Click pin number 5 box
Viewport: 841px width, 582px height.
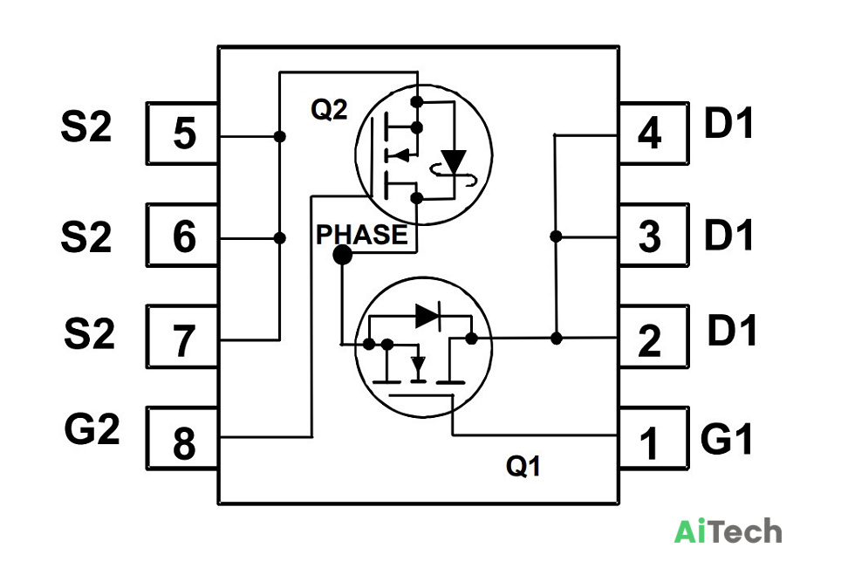click(182, 133)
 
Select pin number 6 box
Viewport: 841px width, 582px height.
click(182, 235)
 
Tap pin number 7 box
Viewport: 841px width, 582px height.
click(182, 337)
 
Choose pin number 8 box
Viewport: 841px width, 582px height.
click(182, 439)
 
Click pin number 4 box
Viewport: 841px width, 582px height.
click(653, 133)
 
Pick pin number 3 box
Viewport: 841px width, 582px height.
click(653, 235)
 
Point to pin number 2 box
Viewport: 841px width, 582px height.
click(653, 337)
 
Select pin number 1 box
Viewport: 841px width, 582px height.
click(653, 439)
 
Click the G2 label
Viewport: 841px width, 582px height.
click(92, 428)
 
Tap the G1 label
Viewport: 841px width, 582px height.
click(727, 439)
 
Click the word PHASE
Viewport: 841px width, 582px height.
click(361, 235)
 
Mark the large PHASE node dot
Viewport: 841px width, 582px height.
click(343, 254)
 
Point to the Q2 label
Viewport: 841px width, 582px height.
click(329, 110)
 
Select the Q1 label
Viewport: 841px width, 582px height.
click(523, 466)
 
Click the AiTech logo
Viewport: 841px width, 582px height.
click(728, 531)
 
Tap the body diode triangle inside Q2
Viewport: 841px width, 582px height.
click(454, 161)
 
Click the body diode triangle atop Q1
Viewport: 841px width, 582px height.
click(427, 315)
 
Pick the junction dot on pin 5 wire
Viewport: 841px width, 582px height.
click(279, 136)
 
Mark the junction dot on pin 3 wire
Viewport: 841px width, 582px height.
click(557, 236)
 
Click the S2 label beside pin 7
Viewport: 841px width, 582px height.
click(89, 333)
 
